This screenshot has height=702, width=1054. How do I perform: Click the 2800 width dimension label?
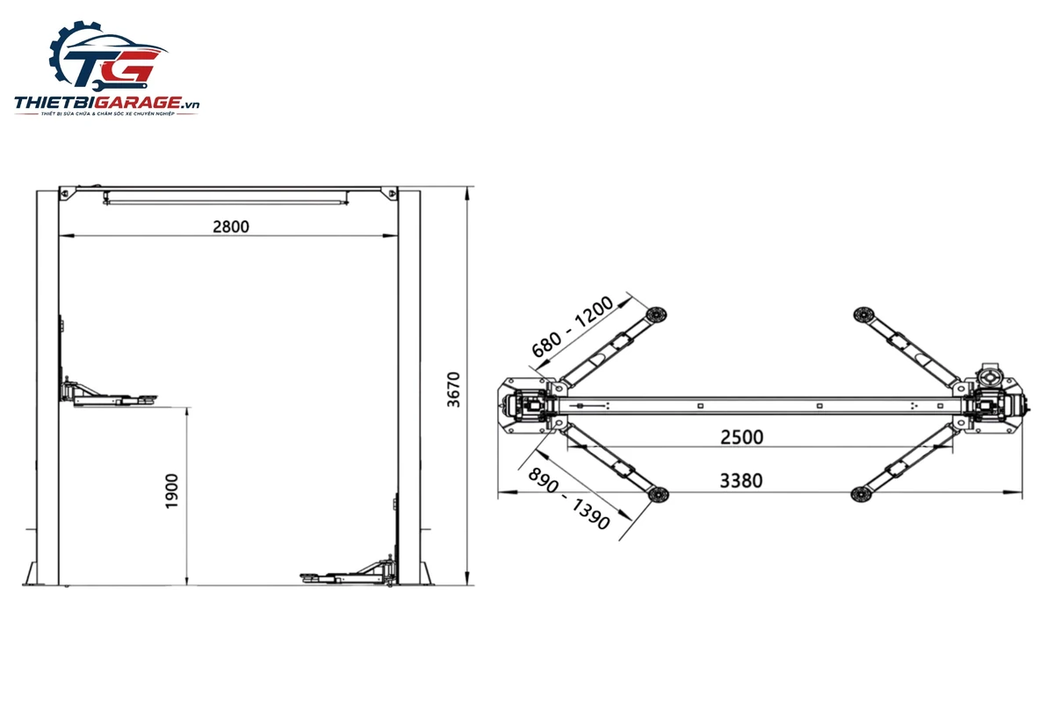click(230, 226)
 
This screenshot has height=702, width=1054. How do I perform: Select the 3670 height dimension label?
click(453, 390)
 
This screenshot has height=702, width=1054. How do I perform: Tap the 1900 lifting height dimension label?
click(172, 491)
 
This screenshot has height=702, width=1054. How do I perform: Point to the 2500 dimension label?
click(741, 437)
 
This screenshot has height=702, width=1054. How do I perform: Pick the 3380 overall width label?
click(741, 481)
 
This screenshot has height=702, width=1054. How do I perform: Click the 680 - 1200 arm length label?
click(573, 326)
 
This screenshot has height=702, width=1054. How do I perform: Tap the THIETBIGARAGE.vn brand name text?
click(107, 103)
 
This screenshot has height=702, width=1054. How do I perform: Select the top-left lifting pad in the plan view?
click(656, 314)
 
